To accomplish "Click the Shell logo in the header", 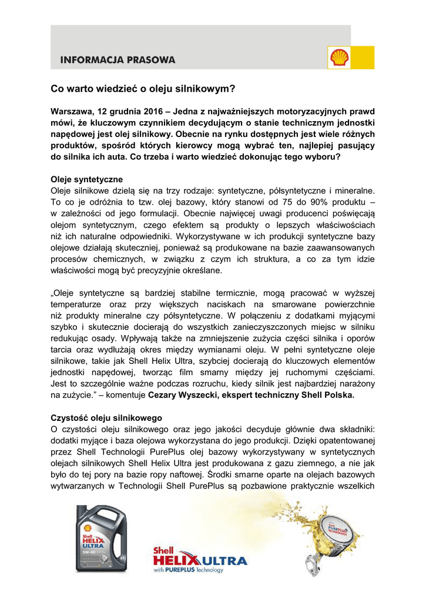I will [x=338, y=58].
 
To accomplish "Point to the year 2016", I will [x=158, y=111].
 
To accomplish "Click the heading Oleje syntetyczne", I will [x=87, y=179].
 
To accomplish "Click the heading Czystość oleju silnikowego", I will [x=106, y=417].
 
